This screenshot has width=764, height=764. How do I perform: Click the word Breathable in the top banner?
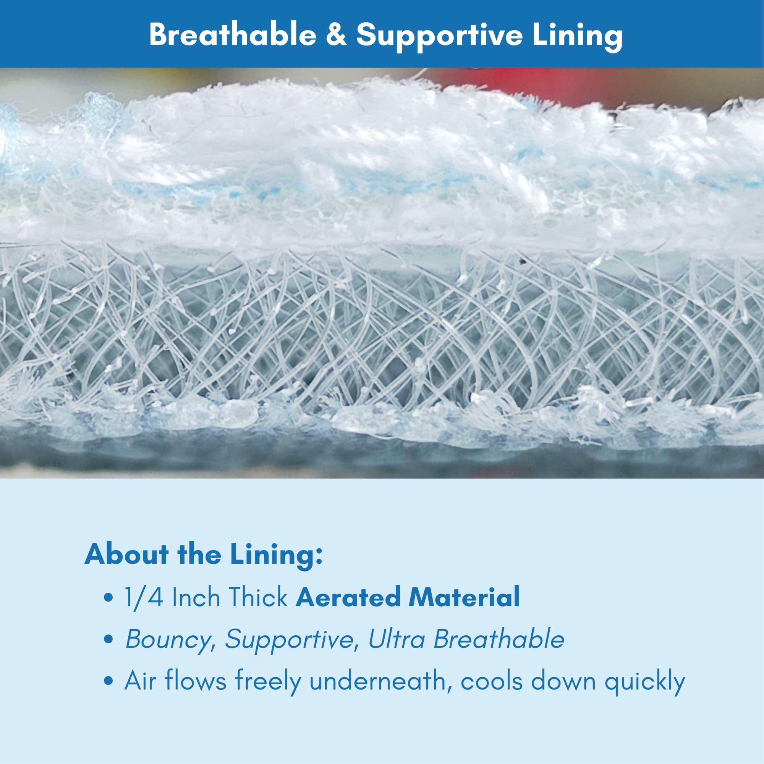click(233, 34)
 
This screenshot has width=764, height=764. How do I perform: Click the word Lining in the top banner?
click(577, 36)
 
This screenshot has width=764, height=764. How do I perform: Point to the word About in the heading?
click(127, 554)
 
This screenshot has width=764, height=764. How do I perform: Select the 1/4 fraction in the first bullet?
click(144, 597)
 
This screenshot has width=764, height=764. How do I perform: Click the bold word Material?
click(464, 597)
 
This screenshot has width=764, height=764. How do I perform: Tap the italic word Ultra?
click(396, 639)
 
